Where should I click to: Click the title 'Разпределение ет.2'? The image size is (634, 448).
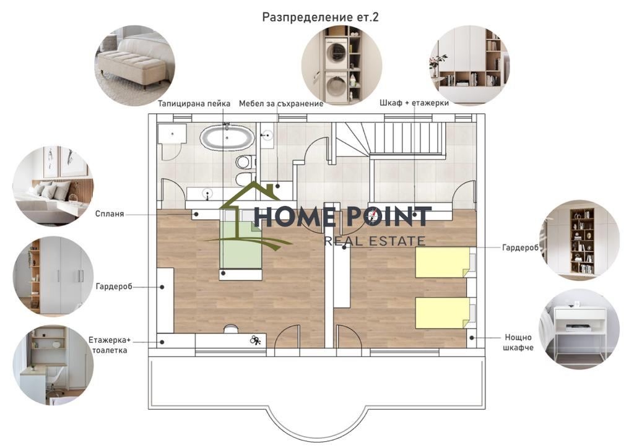pyautogui.click(x=320, y=17)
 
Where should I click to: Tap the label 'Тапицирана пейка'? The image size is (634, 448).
pyautogui.click(x=194, y=103)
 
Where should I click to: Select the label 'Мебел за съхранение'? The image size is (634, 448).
pyautogui.click(x=281, y=103)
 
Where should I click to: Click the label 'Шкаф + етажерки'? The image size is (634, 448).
pyautogui.click(x=414, y=103)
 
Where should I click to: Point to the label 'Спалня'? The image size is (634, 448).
pyautogui.click(x=110, y=213)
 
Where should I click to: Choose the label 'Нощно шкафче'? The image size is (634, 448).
pyautogui.click(x=518, y=342)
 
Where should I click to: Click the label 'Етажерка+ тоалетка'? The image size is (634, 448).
pyautogui.click(x=110, y=345)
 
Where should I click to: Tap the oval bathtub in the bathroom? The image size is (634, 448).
pyautogui.click(x=227, y=138)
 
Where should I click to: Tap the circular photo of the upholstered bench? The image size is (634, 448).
pyautogui.click(x=135, y=66)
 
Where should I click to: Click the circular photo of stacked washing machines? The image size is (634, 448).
pyautogui.click(x=342, y=64)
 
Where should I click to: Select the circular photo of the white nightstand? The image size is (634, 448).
pyautogui.click(x=579, y=329)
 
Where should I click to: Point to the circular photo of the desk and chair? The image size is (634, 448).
pyautogui.click(x=53, y=365)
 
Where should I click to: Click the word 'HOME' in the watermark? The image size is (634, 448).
pyautogui.click(x=294, y=217)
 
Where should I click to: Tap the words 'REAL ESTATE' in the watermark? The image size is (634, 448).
pyautogui.click(x=375, y=241)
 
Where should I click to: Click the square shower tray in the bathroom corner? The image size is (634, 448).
pyautogui.click(x=173, y=134)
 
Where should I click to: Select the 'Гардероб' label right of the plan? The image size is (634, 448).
pyautogui.click(x=520, y=248)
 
